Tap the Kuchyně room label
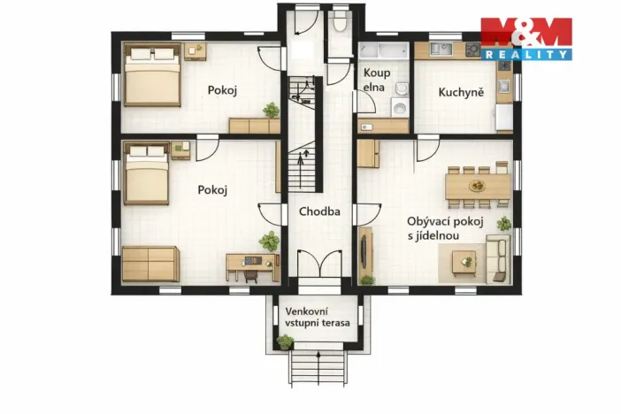click(x=461, y=92)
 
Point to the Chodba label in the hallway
click(x=318, y=211)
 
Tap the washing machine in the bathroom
click(x=400, y=108)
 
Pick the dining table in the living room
click(x=477, y=186)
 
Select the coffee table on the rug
click(x=464, y=261)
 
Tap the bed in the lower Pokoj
click(x=146, y=174)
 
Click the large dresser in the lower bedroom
click(x=150, y=264)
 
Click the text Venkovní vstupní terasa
click(x=317, y=317)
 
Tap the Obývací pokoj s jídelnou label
click(x=444, y=227)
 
